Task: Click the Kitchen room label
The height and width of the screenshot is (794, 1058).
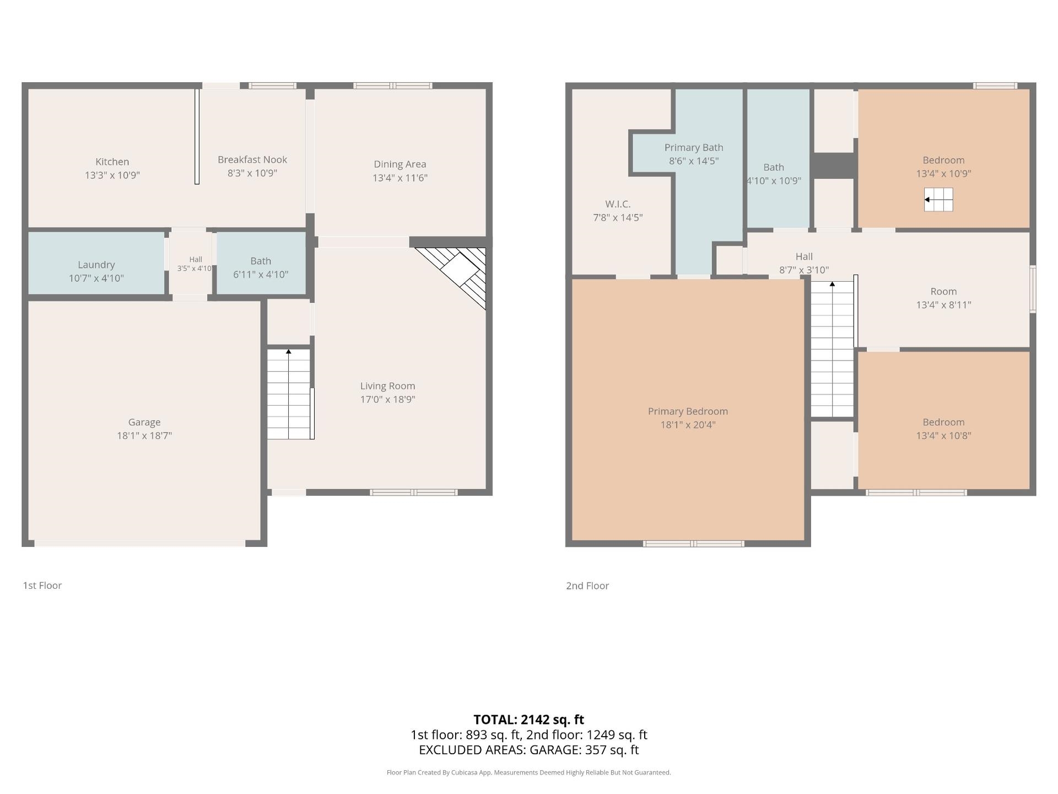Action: (112, 162)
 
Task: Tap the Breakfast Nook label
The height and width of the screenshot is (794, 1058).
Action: (252, 159)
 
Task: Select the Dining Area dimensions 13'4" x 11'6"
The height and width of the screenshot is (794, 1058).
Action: (400, 178)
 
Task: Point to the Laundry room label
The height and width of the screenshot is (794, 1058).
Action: (96, 265)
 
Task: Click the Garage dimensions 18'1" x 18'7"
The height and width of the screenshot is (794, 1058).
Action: (144, 436)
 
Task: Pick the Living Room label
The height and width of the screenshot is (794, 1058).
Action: (388, 386)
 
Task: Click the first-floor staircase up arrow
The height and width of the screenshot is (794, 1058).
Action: (288, 351)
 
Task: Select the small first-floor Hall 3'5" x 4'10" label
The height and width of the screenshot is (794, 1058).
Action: (195, 264)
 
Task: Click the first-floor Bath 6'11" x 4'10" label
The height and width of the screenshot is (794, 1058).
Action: (261, 267)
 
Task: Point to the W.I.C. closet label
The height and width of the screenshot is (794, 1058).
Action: (618, 204)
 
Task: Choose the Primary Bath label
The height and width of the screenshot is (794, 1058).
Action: (694, 147)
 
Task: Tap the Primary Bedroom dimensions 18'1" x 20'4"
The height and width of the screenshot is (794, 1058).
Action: (688, 425)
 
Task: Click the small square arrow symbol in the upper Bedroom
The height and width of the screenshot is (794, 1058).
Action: (938, 200)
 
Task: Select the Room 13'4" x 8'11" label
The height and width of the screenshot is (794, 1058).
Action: (943, 298)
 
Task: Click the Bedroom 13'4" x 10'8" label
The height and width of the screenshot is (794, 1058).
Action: (943, 428)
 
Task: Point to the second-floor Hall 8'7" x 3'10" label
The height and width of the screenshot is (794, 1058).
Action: (804, 263)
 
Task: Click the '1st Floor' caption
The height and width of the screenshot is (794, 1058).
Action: (42, 585)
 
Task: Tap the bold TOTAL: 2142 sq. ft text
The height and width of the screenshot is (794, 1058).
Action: (529, 720)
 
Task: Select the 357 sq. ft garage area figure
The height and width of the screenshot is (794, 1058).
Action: (612, 750)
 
